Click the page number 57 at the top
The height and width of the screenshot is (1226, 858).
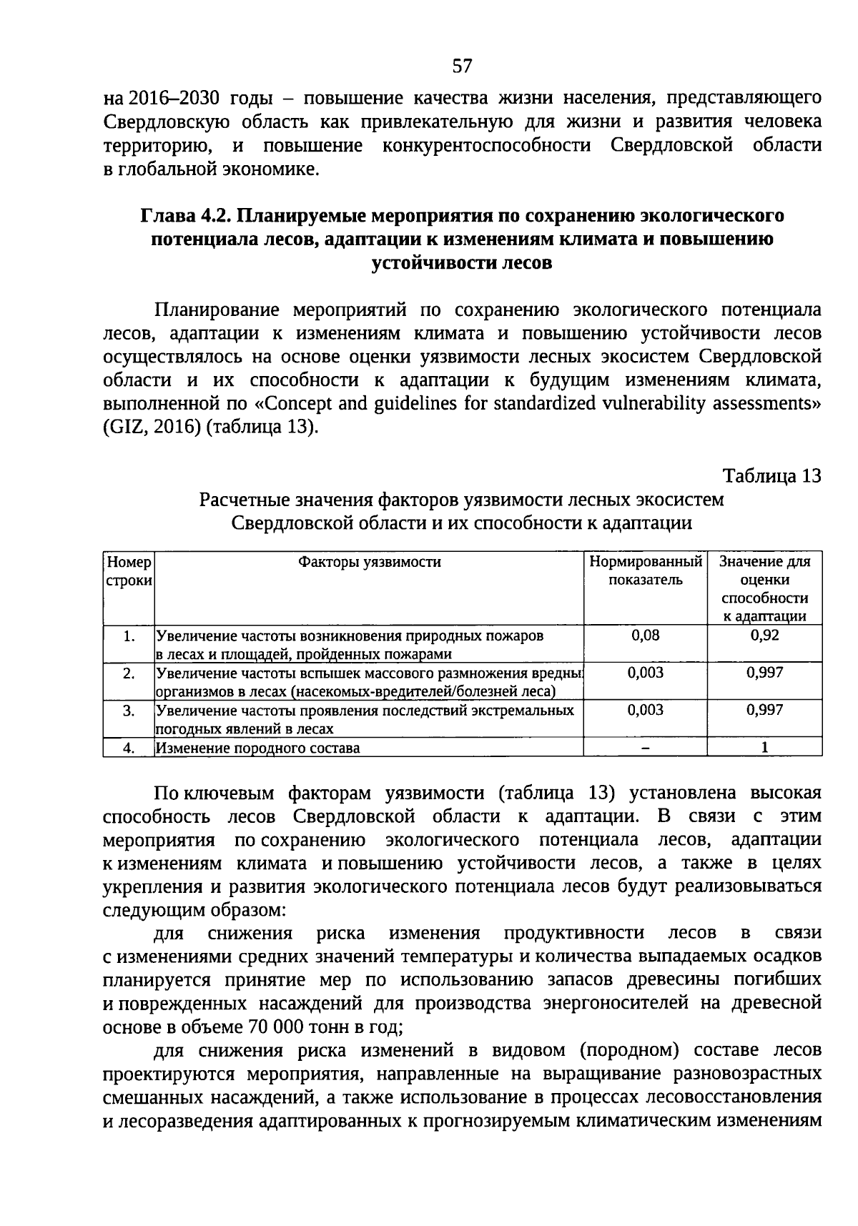point(463,66)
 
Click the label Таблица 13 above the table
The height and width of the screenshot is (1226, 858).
point(772,476)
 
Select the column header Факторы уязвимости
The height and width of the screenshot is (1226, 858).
point(369,562)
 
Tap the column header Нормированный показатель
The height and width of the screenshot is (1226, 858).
point(645,570)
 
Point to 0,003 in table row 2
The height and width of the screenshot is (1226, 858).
point(645,673)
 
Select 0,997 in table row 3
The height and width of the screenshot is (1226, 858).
point(764,710)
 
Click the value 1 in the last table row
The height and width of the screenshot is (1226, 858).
point(764,748)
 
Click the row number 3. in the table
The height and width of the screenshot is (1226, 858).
point(129,711)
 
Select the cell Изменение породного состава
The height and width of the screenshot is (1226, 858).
point(258,748)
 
